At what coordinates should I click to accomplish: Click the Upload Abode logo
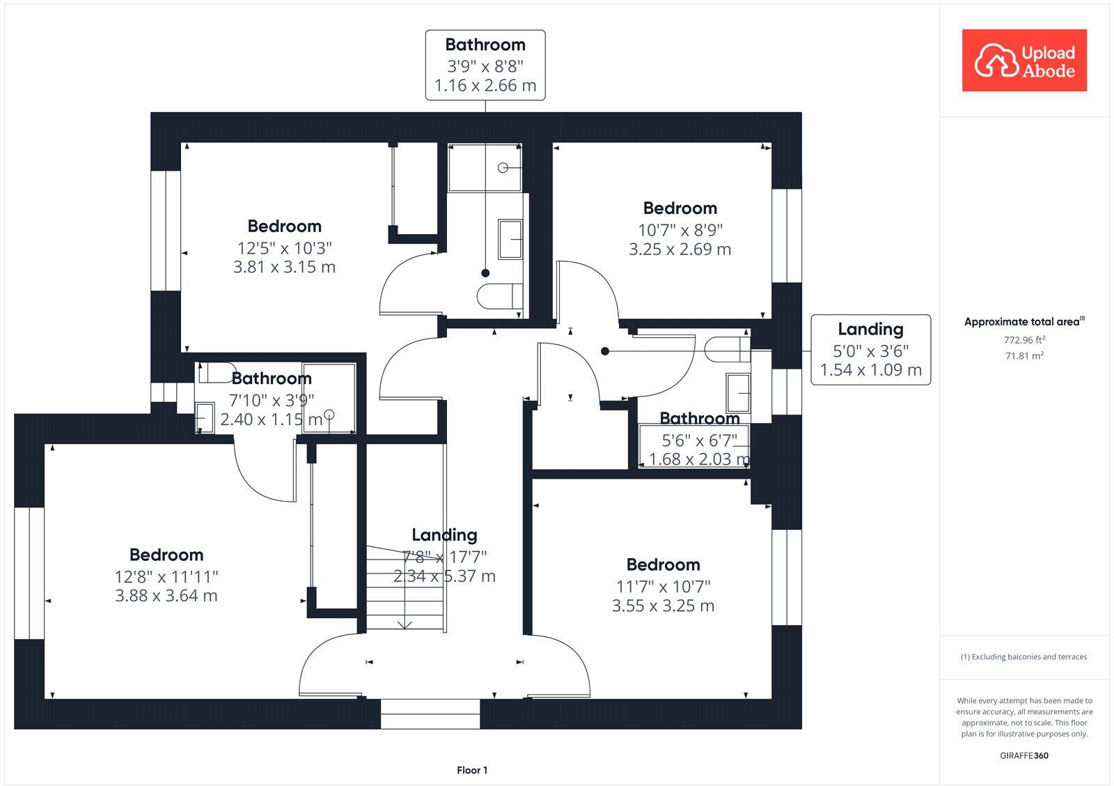pyautogui.click(x=1024, y=61)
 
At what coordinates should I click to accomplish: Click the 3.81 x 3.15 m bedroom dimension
pyautogui.click(x=284, y=267)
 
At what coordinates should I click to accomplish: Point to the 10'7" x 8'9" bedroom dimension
pyautogui.click(x=680, y=230)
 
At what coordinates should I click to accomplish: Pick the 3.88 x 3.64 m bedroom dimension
pyautogui.click(x=166, y=596)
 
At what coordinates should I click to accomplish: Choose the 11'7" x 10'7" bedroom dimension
pyautogui.click(x=663, y=587)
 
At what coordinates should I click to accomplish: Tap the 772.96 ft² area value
pyautogui.click(x=1024, y=340)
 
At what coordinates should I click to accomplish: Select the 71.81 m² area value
pyautogui.click(x=1024, y=356)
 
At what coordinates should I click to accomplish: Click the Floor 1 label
pyautogui.click(x=472, y=770)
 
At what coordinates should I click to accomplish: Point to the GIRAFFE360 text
pyautogui.click(x=1024, y=755)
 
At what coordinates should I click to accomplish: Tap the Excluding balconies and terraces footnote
pyautogui.click(x=1024, y=656)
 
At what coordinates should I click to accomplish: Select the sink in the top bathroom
pyautogui.click(x=510, y=239)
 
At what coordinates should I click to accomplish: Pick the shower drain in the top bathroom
pyautogui.click(x=503, y=168)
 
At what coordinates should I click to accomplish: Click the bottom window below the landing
pyautogui.click(x=430, y=714)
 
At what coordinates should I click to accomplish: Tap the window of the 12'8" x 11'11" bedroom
pyautogui.click(x=29, y=573)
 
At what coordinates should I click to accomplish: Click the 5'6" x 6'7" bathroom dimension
pyautogui.click(x=699, y=440)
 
